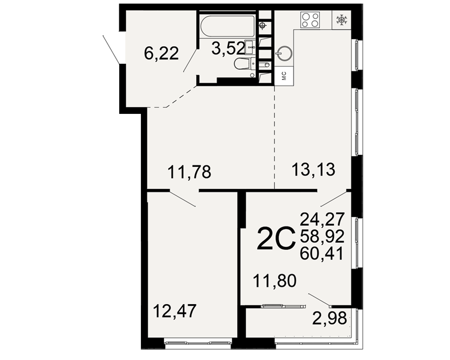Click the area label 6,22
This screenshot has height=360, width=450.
[x=161, y=54]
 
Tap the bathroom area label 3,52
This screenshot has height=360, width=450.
[x=228, y=48]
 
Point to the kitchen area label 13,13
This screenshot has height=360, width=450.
[x=313, y=169]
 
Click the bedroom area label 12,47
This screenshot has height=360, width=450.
[x=175, y=310]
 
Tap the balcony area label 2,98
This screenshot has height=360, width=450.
[x=329, y=318]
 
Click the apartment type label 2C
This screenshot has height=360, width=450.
[x=276, y=238]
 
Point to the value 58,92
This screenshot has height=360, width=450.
[x=322, y=236]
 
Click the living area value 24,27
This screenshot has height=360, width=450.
[x=322, y=219]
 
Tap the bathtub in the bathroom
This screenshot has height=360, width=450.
[x=227, y=27]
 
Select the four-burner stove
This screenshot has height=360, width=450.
[x=310, y=20]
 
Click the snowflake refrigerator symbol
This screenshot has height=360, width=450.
[x=342, y=20]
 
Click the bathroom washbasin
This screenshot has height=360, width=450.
[x=249, y=47]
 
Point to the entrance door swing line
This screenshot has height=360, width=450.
[x=111, y=49]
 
